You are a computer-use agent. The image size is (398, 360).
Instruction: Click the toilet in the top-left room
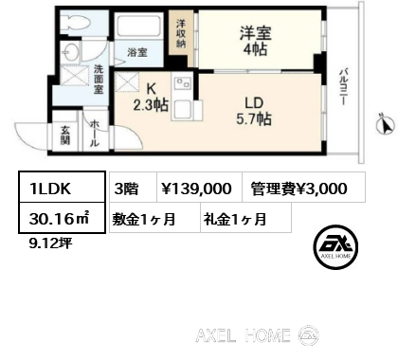click(x=77, y=22)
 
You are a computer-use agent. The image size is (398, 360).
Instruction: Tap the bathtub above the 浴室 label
click(x=138, y=27)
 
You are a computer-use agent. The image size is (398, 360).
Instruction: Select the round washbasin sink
click(x=68, y=50)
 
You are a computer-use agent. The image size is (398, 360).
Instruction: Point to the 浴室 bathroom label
click(x=137, y=52)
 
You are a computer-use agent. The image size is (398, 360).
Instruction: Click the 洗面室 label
click(x=99, y=79)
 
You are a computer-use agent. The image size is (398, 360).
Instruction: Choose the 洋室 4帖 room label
click(x=256, y=41)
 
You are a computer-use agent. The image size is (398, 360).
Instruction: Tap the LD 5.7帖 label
click(x=254, y=111)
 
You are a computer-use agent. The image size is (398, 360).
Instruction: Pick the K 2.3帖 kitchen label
click(x=151, y=98)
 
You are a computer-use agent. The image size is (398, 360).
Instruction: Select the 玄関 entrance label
click(x=65, y=135)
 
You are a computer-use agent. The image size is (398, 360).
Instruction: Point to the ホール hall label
click(x=94, y=134)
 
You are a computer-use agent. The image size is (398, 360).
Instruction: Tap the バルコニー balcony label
click(x=343, y=86)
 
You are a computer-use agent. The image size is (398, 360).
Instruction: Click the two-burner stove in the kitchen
click(x=183, y=84)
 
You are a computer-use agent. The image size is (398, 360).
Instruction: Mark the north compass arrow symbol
click(x=386, y=124)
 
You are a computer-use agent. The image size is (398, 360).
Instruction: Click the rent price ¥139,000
click(x=196, y=189)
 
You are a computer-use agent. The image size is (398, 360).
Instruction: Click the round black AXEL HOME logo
click(x=335, y=246)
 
